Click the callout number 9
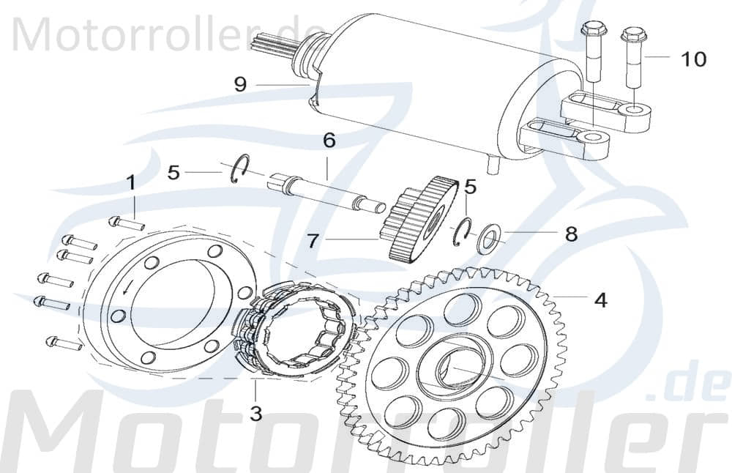coord(240,85)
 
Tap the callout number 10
coord(694,59)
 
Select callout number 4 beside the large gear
coord(600,300)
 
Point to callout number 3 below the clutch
coord(255,414)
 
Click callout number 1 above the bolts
coord(132,182)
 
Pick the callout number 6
coord(329,139)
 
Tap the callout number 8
coord(571,234)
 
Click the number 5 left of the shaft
coord(173,173)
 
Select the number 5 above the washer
coord(471,187)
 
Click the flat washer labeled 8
coord(488,240)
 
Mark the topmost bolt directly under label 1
coord(125,223)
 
